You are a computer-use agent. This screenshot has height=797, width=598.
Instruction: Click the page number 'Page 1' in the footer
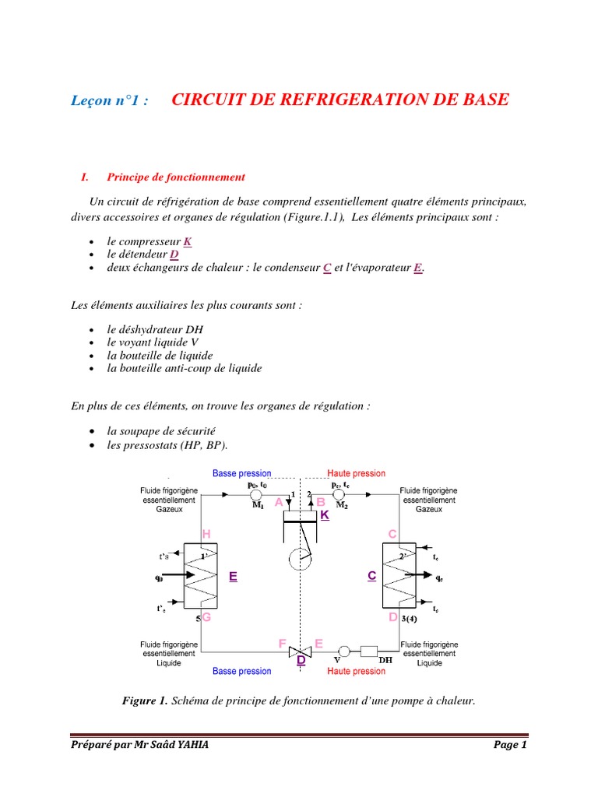point(511,745)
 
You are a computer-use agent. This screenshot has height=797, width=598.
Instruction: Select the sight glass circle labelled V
point(343,651)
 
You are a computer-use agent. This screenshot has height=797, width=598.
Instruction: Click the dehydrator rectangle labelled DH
point(368,651)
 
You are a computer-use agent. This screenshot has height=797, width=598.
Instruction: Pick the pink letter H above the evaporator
point(206,533)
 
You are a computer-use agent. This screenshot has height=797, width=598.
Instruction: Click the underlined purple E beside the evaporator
point(232,577)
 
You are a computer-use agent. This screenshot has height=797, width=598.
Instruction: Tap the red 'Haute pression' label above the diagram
point(356,473)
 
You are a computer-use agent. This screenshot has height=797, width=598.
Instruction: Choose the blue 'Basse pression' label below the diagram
point(242,671)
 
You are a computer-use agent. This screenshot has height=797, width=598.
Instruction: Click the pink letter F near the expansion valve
point(283,643)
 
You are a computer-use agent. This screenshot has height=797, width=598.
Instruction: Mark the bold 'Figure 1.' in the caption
point(145,701)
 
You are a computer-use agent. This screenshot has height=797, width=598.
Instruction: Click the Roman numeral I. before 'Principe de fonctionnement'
point(85,177)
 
